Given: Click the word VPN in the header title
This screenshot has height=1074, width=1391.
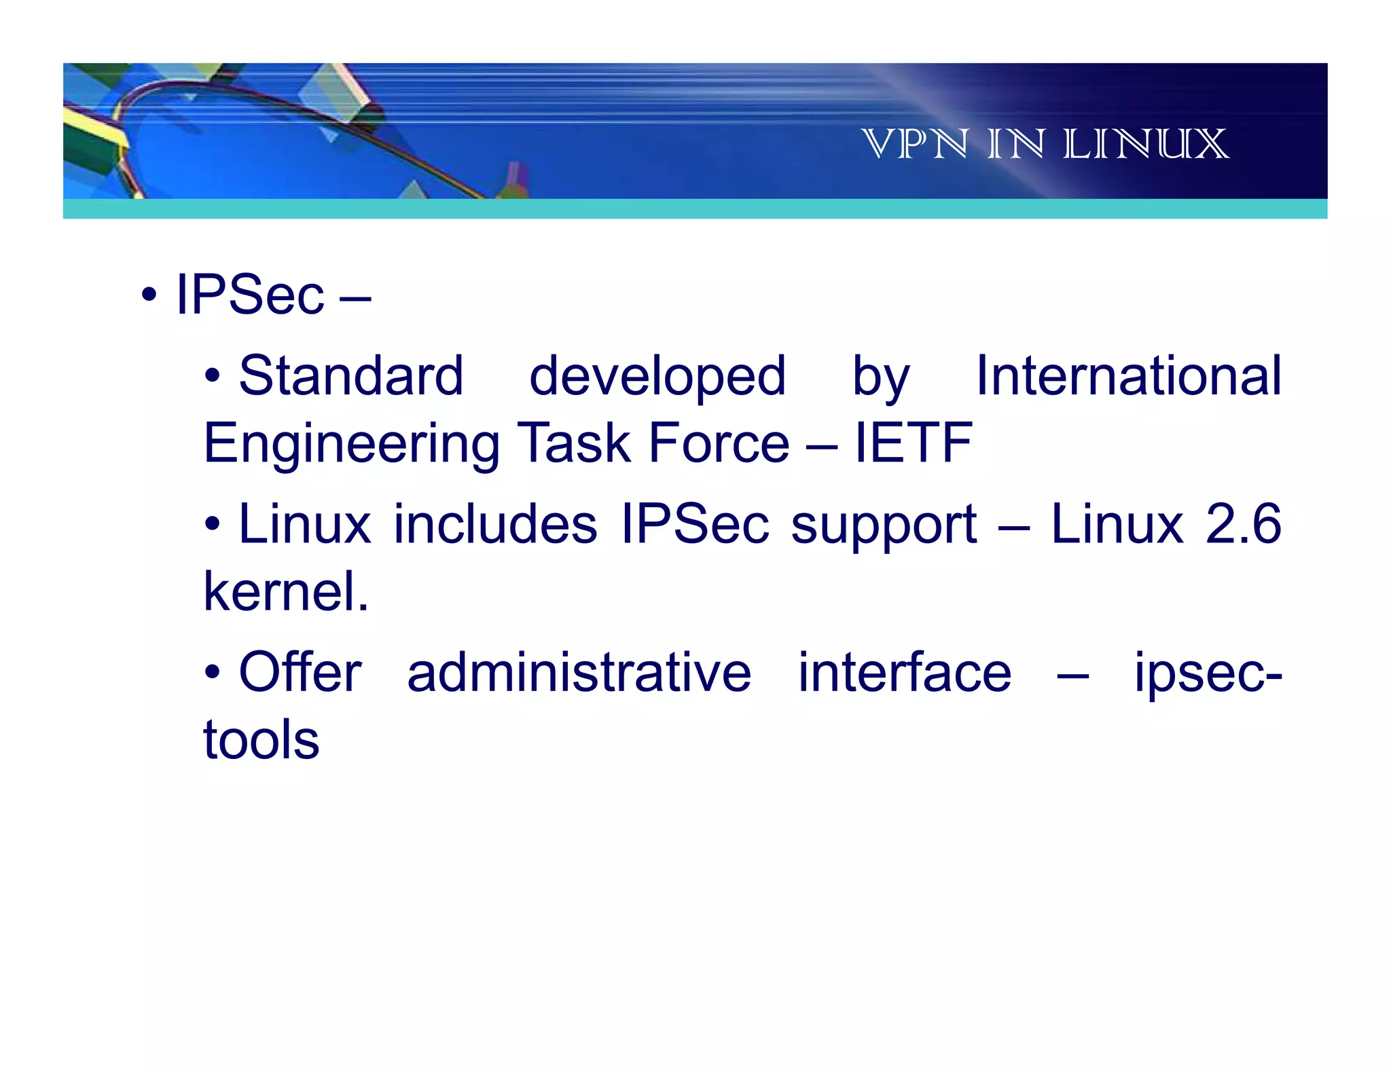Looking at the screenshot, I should (914, 144).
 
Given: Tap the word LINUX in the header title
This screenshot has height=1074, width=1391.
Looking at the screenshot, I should (1146, 144).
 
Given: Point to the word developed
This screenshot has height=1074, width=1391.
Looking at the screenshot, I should (657, 377).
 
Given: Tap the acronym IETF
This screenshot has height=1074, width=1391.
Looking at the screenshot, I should (913, 443).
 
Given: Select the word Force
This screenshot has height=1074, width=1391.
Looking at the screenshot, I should (719, 443).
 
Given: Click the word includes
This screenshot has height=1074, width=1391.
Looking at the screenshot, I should (495, 524).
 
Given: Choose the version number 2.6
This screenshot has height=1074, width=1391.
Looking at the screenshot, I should (1243, 524).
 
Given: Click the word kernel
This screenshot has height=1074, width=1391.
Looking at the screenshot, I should (285, 591).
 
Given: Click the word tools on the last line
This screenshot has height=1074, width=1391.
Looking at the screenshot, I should (261, 739).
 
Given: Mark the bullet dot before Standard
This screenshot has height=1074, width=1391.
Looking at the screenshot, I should (213, 375).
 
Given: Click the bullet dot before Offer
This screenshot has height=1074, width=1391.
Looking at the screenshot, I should (213, 672).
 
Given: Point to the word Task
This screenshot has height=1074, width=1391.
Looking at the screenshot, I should (574, 443).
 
